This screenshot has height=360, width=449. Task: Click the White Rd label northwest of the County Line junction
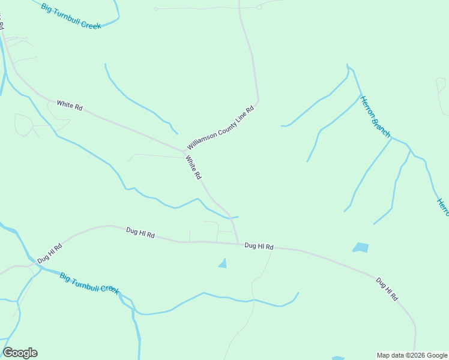pyautogui.click(x=70, y=105)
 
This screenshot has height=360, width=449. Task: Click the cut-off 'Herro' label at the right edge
pyautogui.click(x=443, y=208)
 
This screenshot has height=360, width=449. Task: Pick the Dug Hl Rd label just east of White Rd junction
pyautogui.click(x=259, y=246)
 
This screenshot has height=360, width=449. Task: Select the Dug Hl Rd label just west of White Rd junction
pyautogui.click(x=140, y=233)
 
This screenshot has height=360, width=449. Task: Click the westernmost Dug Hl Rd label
pyautogui.click(x=49, y=253)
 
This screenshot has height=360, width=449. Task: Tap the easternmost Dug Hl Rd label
pyautogui.click(x=387, y=289)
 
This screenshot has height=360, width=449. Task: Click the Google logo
pyautogui.click(x=20, y=353)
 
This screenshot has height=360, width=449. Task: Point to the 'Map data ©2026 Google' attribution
pyautogui.click(x=412, y=355)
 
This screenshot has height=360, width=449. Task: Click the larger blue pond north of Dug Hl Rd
pyautogui.click(x=361, y=247)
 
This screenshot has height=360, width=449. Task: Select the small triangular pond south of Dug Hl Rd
pyautogui.click(x=223, y=263)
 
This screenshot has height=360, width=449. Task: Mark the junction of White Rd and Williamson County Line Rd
pyautogui.click(x=183, y=151)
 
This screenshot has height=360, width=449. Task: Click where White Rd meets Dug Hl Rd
pyautogui.click(x=238, y=243)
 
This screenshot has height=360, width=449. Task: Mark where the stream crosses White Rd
pyautogui.click(x=229, y=217)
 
